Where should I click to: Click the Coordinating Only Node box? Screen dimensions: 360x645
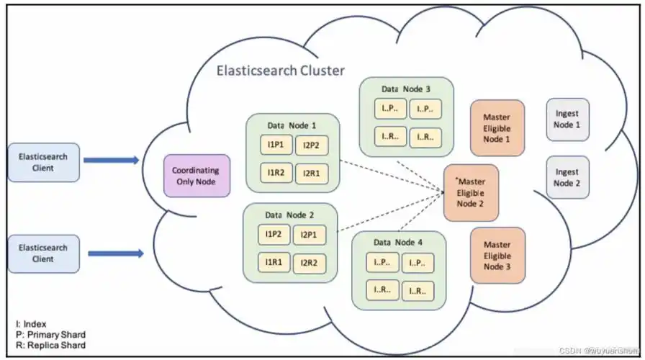tap(197, 176)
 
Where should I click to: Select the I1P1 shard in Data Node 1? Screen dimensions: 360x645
tap(276, 145)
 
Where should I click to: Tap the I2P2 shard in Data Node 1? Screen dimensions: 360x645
tap(310, 145)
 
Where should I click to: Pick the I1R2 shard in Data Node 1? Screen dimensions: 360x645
tap(276, 173)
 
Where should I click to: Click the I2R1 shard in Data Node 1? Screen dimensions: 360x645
tap(310, 173)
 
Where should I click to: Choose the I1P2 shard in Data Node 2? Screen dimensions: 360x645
tap(273, 235)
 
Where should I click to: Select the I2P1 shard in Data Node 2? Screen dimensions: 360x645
tap(308, 235)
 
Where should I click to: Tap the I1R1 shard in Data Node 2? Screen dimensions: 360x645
tap(273, 263)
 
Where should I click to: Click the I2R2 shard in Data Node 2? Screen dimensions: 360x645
tap(308, 263)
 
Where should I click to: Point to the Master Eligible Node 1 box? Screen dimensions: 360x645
tap(497, 127)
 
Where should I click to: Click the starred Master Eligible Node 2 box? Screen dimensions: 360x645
tap(471, 192)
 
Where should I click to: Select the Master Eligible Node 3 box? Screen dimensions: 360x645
tap(497, 256)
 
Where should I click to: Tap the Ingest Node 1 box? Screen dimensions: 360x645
tap(567, 120)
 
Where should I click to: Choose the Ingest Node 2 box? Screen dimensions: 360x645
tap(567, 178)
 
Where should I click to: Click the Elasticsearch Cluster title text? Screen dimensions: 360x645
tap(281, 71)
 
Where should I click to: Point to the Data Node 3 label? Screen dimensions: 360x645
tap(406, 89)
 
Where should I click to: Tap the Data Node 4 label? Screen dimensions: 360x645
tap(398, 242)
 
